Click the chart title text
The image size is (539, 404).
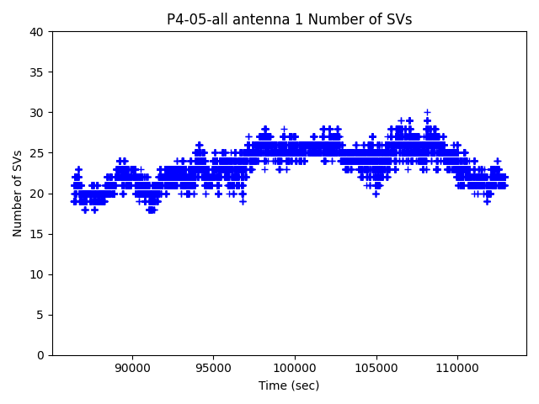289,19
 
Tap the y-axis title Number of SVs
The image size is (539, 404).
18,194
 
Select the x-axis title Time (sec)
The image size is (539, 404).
289,385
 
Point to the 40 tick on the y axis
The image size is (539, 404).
37,32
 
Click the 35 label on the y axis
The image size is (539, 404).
37,72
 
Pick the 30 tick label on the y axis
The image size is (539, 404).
37,113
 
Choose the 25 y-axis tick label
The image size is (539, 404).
37,153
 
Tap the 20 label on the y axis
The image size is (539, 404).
37,194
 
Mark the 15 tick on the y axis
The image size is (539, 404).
37,234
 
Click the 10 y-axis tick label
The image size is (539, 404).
37,274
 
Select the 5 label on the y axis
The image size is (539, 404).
40,315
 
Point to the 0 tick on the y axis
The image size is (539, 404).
40,355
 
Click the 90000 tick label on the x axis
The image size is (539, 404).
131,368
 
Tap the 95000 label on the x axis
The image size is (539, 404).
213,368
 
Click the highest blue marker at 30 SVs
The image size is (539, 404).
427,112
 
